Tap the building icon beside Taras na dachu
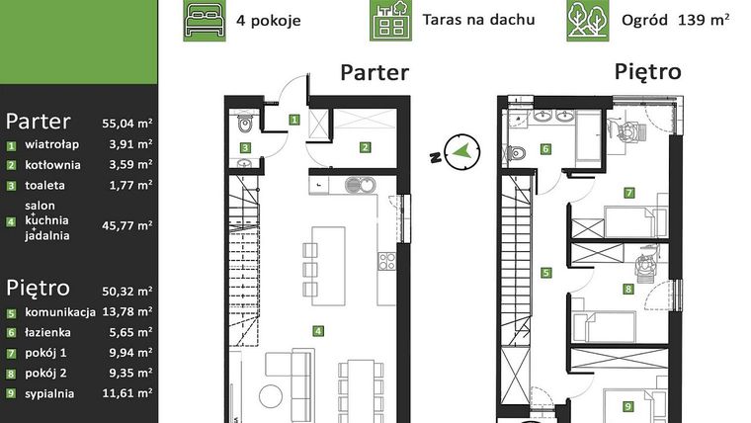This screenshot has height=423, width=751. (391, 21)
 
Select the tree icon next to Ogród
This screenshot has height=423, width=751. (587, 21)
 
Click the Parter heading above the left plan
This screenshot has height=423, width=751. (374, 72)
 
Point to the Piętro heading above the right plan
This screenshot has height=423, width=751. (647, 72)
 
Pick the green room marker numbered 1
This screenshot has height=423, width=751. (294, 120)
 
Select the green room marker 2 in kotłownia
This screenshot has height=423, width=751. (365, 148)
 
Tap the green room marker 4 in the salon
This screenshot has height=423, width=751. (316, 331)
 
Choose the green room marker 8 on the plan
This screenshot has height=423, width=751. (627, 290)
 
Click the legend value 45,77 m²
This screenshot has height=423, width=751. (127, 225)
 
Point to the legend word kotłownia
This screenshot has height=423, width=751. (53, 165)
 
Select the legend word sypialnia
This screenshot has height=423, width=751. (53, 392)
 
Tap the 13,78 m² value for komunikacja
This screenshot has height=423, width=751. (127, 313)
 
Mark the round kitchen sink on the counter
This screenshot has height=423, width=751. (353, 184)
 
